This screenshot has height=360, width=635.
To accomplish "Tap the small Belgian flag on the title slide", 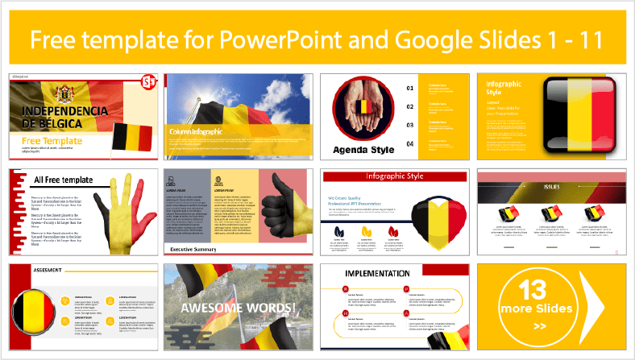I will [x=131, y=137].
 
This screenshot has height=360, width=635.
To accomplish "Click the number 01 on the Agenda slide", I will [x=409, y=87].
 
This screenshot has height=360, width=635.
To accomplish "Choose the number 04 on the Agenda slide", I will [x=409, y=143].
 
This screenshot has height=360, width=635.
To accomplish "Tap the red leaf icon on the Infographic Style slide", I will [x=392, y=231].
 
